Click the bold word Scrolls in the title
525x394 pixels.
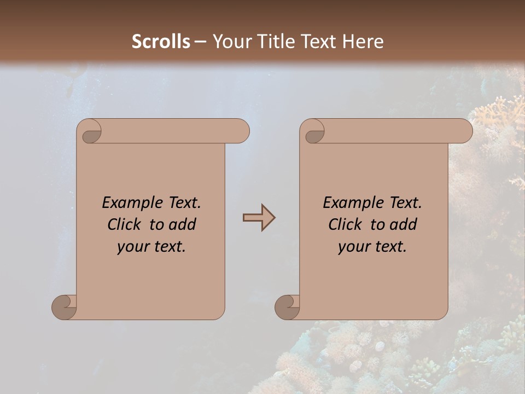(x=161, y=42)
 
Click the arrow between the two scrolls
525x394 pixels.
(x=259, y=218)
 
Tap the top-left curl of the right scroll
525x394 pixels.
(x=314, y=135)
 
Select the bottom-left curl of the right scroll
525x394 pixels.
(x=287, y=307)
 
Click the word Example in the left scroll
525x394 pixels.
(x=127, y=203)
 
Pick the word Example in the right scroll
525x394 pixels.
(x=348, y=203)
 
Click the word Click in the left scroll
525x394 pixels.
(x=125, y=224)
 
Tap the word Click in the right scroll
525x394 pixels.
(x=345, y=224)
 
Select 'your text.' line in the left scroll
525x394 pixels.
(x=151, y=247)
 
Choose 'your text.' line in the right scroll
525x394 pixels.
(x=372, y=247)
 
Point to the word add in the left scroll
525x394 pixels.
(x=183, y=224)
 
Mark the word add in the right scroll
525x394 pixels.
(x=404, y=224)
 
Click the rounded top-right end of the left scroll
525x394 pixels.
(x=241, y=131)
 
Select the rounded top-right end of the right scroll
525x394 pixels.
(x=464, y=131)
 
